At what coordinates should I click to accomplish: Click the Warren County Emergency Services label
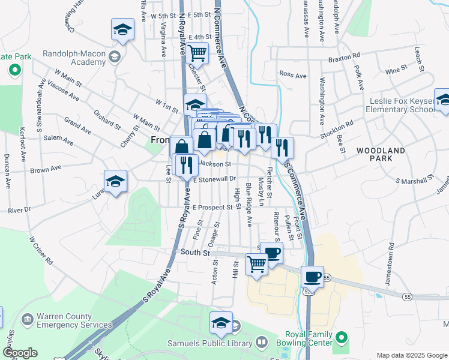tap(66, 320)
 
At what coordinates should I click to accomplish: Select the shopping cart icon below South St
tap(257, 263)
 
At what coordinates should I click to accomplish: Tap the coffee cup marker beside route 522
tap(312, 277)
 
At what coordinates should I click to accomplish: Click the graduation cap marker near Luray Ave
tap(116, 181)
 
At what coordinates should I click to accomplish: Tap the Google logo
tap(20, 353)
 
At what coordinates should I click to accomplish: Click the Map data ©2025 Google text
tap(411, 355)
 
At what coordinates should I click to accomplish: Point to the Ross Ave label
tap(293, 75)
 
